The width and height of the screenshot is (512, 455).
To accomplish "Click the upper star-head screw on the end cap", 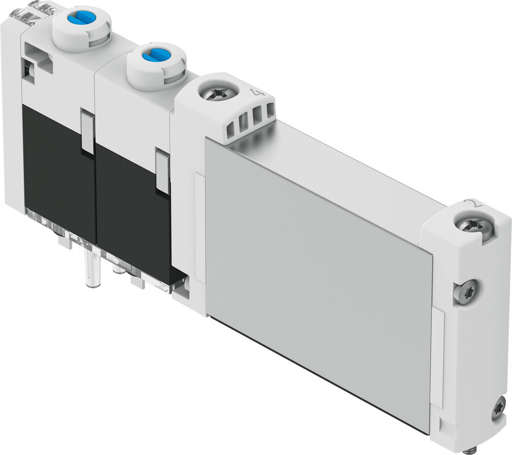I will (x=466, y=292).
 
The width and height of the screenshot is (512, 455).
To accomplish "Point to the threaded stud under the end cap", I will (x=470, y=450).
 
